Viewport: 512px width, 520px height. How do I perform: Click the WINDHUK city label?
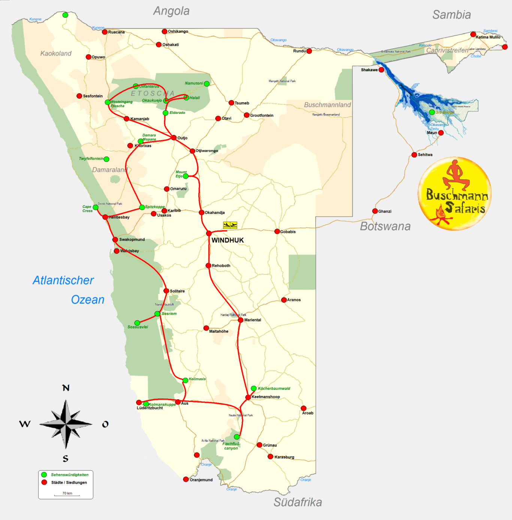[228, 240]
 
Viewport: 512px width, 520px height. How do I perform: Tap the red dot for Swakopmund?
[115, 240]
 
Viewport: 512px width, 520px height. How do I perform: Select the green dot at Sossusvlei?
[137, 323]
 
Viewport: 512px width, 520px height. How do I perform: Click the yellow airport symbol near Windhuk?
[230, 225]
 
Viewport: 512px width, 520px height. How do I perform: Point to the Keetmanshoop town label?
[266, 397]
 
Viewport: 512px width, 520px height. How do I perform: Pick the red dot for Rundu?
[309, 51]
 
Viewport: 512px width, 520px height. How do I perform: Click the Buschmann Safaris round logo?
[454, 193]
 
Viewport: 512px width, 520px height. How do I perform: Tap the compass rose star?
[66, 424]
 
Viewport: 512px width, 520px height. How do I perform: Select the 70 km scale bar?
[67, 495]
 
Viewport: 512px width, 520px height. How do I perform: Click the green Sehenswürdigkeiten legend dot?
[44, 475]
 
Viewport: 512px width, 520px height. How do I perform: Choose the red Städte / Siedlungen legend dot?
[44, 482]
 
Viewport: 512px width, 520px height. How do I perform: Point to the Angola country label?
[171, 11]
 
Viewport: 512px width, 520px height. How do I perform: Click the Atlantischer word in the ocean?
[63, 280]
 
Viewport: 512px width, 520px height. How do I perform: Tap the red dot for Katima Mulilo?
[473, 34]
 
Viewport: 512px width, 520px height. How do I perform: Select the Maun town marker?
[441, 133]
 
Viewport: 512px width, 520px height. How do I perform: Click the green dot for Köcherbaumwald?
[254, 388]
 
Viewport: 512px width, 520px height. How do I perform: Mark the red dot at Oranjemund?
[186, 479]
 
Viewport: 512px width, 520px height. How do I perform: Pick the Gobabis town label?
[288, 232]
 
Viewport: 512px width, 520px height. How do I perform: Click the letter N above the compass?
[66, 388]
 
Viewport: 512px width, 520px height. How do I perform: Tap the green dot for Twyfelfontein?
[106, 159]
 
